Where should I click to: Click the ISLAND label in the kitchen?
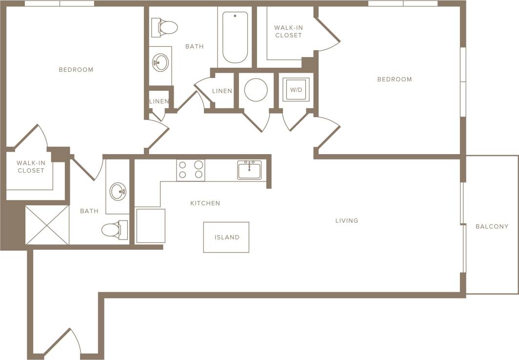[x=227, y=238]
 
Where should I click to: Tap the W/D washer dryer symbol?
[x=296, y=90]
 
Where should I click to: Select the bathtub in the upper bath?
[x=235, y=38]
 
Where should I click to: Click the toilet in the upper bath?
[x=164, y=27]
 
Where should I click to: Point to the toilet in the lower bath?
[x=115, y=230]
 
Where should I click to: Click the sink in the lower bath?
[x=118, y=191]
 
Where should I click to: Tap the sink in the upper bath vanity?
[x=160, y=62]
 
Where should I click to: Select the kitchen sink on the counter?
[x=249, y=170]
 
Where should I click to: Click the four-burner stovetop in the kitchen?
[x=191, y=170]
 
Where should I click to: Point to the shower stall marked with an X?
[x=47, y=225]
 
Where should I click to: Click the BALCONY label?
[x=492, y=226]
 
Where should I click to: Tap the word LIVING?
[x=347, y=220]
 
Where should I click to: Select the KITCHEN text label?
[x=205, y=203]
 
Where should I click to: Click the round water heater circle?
[x=256, y=90]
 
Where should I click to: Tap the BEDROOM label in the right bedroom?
[x=395, y=79]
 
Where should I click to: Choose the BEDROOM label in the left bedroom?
[x=76, y=69]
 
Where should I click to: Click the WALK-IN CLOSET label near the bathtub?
[x=288, y=32]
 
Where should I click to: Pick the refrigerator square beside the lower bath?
[x=150, y=225]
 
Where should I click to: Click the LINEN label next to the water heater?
[x=222, y=91]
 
